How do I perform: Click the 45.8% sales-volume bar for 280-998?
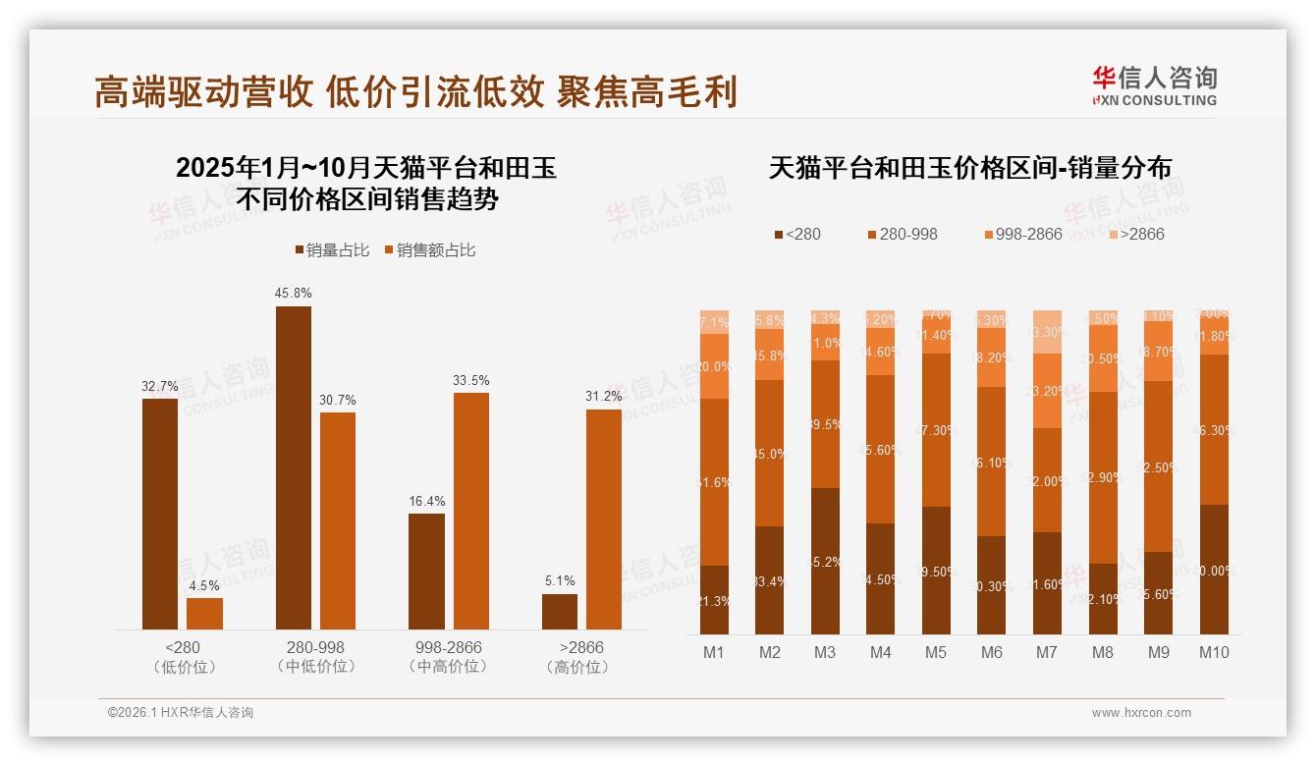293,467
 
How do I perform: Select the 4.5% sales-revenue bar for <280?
204,614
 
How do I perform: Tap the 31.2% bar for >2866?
604,519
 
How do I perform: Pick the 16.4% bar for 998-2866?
426,571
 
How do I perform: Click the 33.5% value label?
470,380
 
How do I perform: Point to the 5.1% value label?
560,580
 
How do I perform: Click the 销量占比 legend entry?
332,250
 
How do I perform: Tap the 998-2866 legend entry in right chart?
1022,234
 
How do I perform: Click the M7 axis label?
1047,652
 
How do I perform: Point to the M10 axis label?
1214,652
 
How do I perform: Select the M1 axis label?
714,652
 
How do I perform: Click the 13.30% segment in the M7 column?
1048,332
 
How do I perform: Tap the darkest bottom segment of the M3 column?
825,561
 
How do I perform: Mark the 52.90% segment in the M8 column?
1103,477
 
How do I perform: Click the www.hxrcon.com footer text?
1141,713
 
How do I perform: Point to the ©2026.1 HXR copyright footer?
180,713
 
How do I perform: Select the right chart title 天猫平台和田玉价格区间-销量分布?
969,168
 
